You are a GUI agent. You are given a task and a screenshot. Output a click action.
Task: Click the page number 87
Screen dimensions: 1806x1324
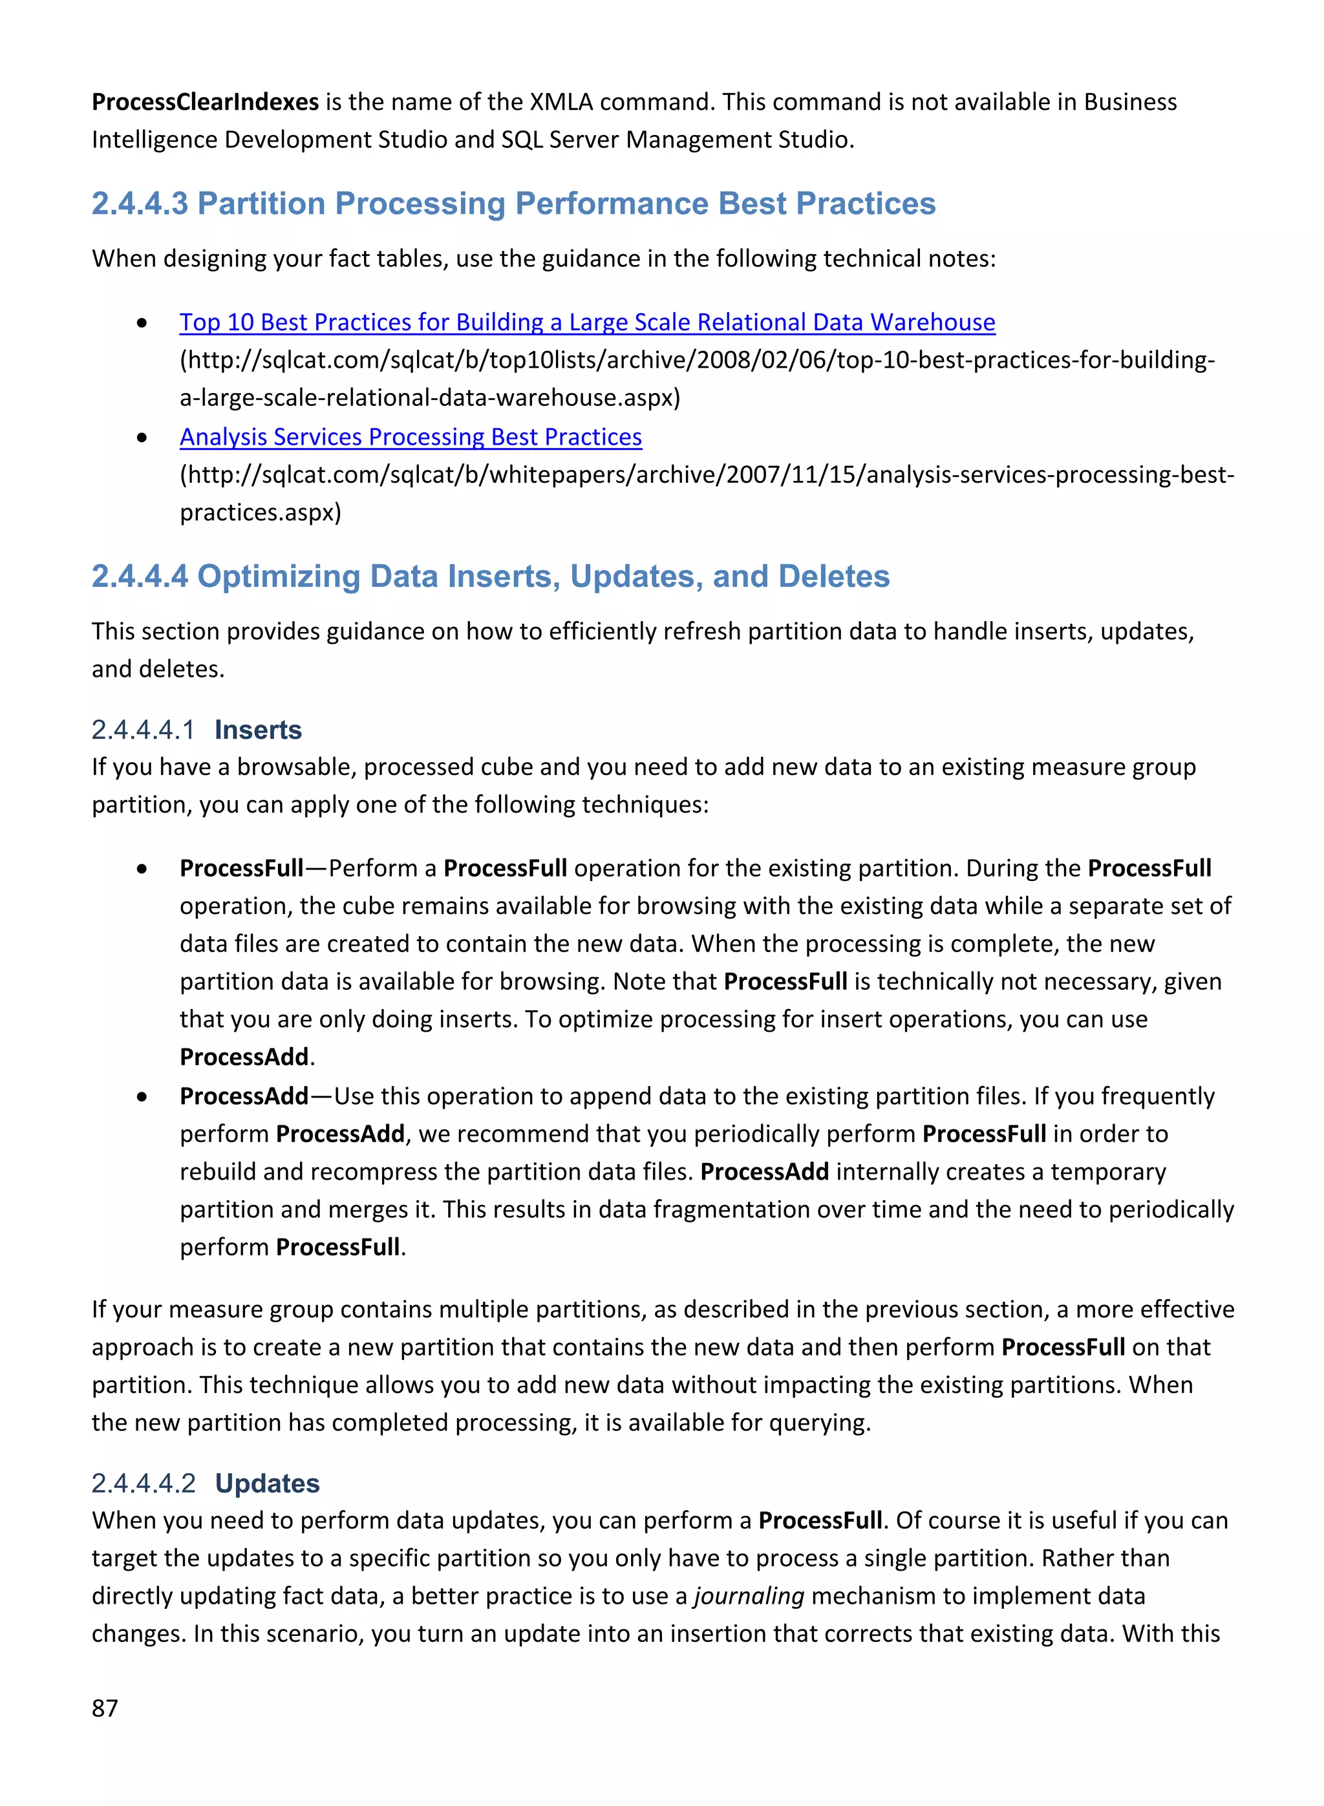pyautogui.click(x=105, y=1708)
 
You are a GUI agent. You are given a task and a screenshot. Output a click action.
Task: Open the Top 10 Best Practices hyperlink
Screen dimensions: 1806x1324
pyautogui.click(x=586, y=322)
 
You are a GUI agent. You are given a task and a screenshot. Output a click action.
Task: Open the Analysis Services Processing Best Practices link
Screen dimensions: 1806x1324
pyautogui.click(x=411, y=437)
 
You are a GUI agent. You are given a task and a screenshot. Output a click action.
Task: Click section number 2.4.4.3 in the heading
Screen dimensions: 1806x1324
pyautogui.click(x=140, y=204)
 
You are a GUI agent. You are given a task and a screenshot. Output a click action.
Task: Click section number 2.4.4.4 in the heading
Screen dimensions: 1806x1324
pyautogui.click(x=140, y=576)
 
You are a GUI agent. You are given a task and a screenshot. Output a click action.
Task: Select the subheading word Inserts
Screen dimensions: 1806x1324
pyautogui.click(x=258, y=730)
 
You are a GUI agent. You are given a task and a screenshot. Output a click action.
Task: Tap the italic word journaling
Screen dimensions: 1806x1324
pyautogui.click(x=749, y=1595)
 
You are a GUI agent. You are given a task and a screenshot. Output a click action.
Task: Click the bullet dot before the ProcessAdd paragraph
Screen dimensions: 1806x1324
pyautogui.click(x=142, y=1096)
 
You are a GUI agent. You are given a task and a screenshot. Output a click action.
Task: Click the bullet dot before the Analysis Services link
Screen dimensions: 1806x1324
pyautogui.click(x=142, y=438)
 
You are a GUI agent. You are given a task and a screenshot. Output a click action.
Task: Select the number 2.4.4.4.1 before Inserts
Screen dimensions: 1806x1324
pyautogui.click(x=143, y=730)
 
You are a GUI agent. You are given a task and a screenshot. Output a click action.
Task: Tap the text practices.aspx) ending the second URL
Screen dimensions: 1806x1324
pyautogui.click(x=261, y=512)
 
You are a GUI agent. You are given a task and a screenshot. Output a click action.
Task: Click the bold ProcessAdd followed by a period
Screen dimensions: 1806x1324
pyautogui.click(x=244, y=1057)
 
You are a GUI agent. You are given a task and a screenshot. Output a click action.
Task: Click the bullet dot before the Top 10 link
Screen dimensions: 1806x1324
pyautogui.click(x=142, y=323)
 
